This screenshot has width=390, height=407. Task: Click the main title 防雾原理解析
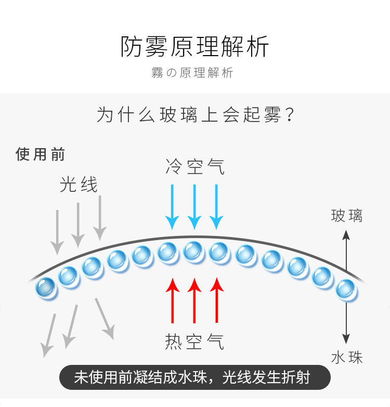[x=195, y=47]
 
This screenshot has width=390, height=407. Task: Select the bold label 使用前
[x=41, y=154]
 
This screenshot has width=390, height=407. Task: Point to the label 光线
[x=79, y=185]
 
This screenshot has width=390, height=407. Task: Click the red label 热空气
[x=195, y=341]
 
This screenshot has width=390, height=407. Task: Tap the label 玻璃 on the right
[x=346, y=216]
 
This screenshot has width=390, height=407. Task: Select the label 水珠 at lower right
[x=346, y=358]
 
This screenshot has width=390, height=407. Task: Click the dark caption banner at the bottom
[x=194, y=377]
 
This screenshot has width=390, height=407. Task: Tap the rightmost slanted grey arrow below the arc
[x=105, y=318]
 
